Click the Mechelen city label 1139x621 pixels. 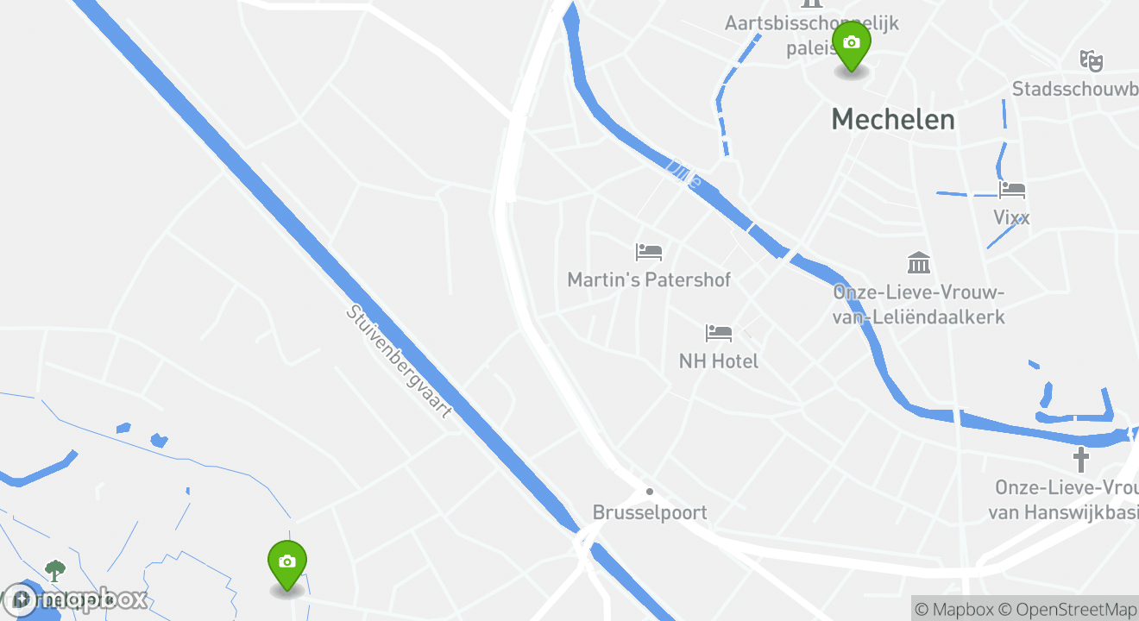tap(893, 120)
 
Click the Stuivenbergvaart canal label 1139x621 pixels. tap(399, 361)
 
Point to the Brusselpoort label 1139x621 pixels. tap(650, 512)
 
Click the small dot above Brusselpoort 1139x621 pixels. tap(650, 492)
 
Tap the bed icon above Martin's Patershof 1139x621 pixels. tap(649, 252)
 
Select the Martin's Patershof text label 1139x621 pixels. tap(649, 279)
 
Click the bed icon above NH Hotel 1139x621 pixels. tap(719, 332)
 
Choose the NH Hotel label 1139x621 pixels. tap(719, 361)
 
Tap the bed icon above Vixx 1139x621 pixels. tap(1011, 189)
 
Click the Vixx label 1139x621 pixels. tap(1011, 217)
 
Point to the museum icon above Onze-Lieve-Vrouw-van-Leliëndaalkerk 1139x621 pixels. tap(919, 262)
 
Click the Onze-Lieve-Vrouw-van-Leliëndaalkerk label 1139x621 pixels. tap(919, 304)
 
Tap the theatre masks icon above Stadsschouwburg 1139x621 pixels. tap(1092, 60)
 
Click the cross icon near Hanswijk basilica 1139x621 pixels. tap(1080, 459)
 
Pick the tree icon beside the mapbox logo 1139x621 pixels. tap(55, 570)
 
